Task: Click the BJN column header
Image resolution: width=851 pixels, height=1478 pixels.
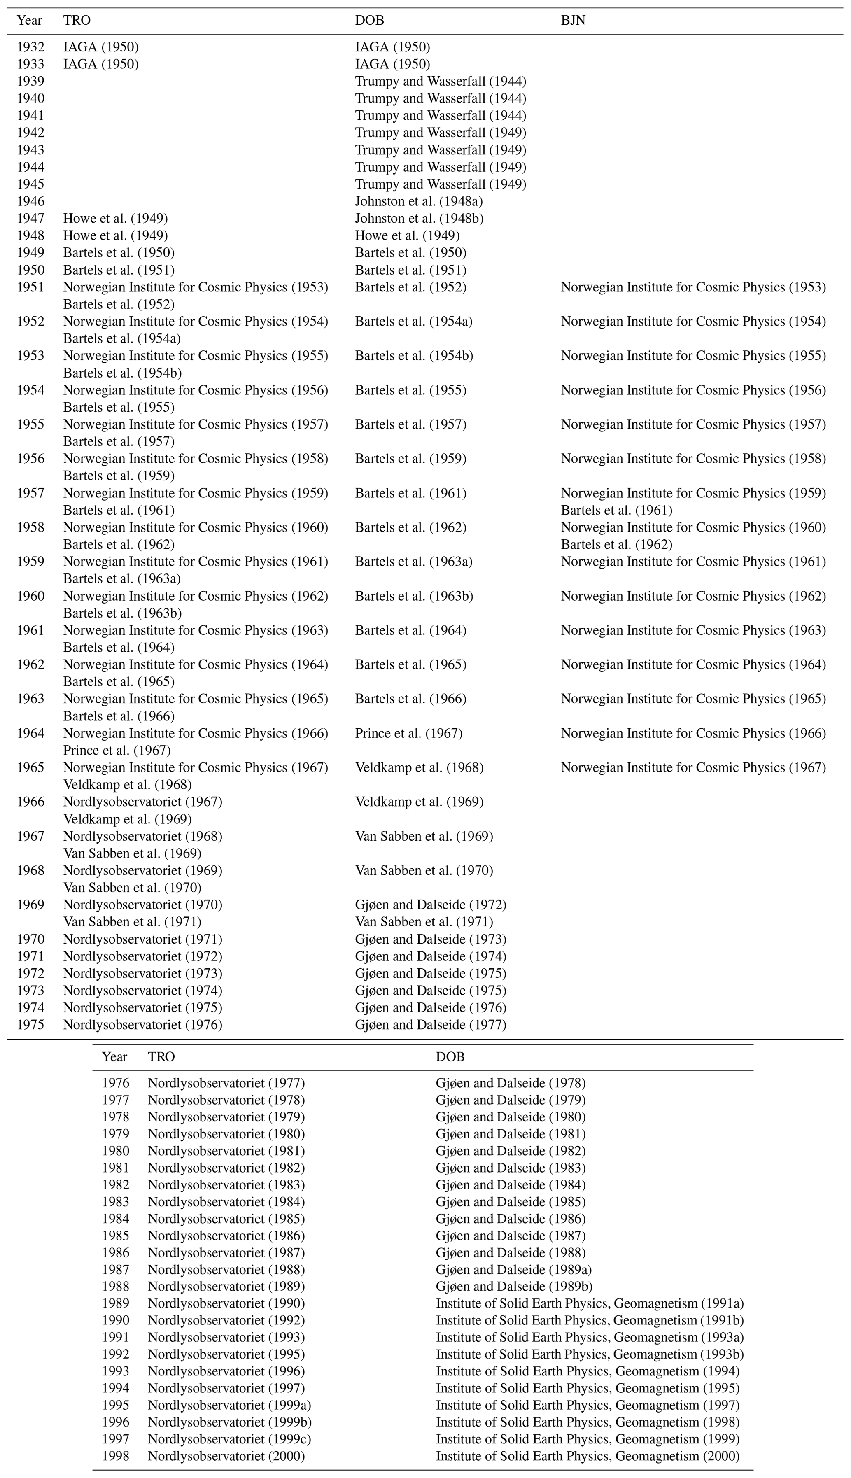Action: coord(573,21)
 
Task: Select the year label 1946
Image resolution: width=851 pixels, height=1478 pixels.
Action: coord(30,202)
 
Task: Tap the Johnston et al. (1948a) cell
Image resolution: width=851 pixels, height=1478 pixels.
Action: coord(418,202)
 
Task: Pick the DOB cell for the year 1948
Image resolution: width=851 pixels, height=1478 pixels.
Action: coord(407,235)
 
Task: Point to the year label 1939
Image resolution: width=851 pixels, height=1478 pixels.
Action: coord(30,81)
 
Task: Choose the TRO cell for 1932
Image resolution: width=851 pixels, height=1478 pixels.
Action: coord(100,47)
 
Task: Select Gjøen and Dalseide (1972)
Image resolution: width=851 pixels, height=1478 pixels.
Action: coord(430,905)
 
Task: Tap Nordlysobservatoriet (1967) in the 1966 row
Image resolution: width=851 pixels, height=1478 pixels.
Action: coord(142,802)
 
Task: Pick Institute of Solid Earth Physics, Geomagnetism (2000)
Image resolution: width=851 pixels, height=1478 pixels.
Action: coord(588,1456)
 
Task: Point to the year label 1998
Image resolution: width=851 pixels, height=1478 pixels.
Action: coord(115,1456)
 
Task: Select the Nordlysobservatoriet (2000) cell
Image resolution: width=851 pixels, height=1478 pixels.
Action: coord(226,1456)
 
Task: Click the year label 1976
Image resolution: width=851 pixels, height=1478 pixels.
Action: coord(115,1083)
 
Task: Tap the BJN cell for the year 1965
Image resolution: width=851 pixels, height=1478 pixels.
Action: coord(693,768)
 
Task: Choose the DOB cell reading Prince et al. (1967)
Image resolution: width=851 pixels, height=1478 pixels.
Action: coord(408,734)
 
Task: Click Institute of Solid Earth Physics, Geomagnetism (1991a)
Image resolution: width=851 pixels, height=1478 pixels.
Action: coord(590,1303)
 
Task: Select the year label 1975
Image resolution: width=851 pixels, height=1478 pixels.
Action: coord(30,1024)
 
